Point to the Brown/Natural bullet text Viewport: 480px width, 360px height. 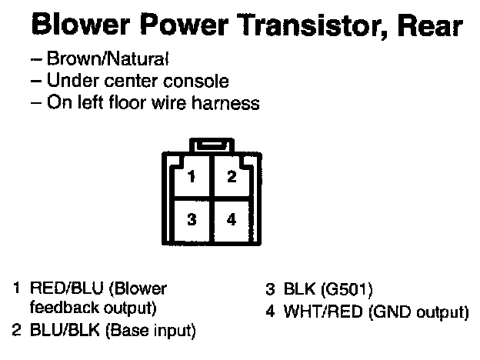pyautogui.click(x=107, y=60)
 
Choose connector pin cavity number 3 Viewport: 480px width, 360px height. pyautogui.click(x=192, y=219)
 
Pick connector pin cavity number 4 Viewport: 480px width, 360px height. pyautogui.click(x=231, y=219)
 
